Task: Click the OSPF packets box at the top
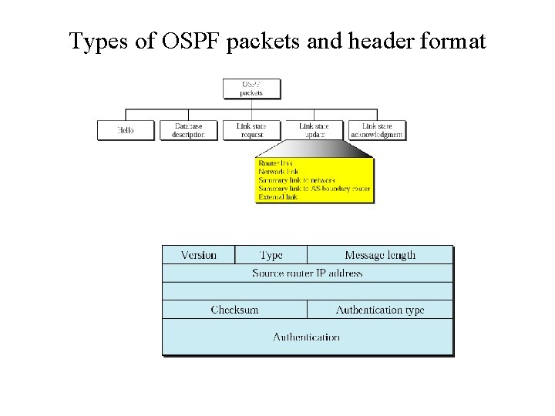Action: click(x=251, y=88)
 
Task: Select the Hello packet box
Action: click(x=125, y=130)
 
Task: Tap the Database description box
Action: click(x=189, y=130)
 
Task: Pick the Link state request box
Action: click(x=251, y=130)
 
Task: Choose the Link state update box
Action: click(x=314, y=130)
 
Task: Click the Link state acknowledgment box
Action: click(x=376, y=130)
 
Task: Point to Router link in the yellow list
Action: click(x=276, y=164)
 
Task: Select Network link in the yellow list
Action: click(x=278, y=172)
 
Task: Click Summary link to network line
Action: click(x=297, y=180)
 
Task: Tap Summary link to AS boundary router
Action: click(x=314, y=189)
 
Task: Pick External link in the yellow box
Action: click(x=278, y=197)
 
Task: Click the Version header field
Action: click(x=198, y=255)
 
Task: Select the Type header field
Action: click(x=271, y=255)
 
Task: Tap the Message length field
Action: click(x=380, y=255)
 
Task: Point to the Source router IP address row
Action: click(x=307, y=273)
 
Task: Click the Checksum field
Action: click(x=234, y=310)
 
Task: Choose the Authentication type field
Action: click(x=380, y=310)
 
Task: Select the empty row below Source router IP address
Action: click(x=307, y=291)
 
